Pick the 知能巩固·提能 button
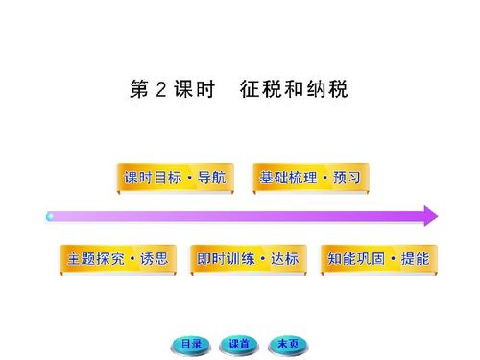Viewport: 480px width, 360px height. (x=377, y=259)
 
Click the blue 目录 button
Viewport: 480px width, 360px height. (x=192, y=343)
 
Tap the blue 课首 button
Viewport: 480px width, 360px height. (x=238, y=343)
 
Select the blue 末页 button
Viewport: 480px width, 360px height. (x=286, y=343)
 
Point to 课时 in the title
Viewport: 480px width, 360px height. (x=193, y=90)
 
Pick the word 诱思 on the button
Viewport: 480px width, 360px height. (x=155, y=259)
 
